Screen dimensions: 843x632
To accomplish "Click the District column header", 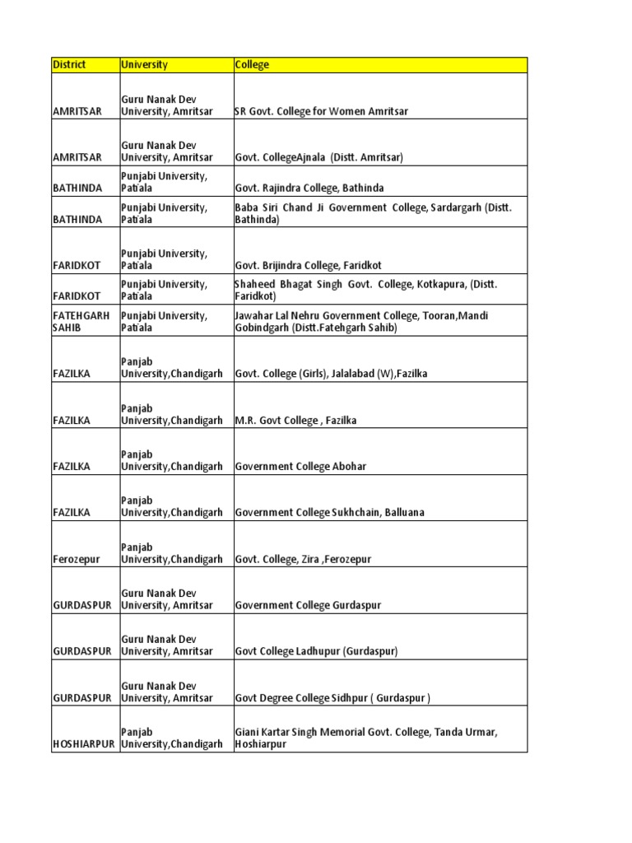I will click(69, 65).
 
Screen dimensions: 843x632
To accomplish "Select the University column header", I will click(144, 65).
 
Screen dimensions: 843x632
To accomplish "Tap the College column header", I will click(252, 65).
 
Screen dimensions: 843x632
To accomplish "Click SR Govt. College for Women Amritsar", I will click(322, 111).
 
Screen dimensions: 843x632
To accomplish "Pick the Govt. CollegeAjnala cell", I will click(318, 157).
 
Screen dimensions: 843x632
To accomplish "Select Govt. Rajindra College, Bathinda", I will click(309, 189).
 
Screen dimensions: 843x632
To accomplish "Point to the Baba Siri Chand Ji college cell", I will click(373, 213).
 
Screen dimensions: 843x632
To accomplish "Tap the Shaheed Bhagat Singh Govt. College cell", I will click(366, 289).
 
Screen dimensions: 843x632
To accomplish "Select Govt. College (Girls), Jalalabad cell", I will click(331, 375).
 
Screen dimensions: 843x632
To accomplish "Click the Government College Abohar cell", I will click(300, 467).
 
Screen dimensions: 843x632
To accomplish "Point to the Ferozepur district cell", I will click(76, 560).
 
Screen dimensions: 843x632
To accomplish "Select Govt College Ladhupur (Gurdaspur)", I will click(317, 652).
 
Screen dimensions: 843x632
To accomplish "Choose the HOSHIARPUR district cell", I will click(85, 744).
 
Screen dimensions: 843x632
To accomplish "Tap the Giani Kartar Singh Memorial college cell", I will click(367, 737).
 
